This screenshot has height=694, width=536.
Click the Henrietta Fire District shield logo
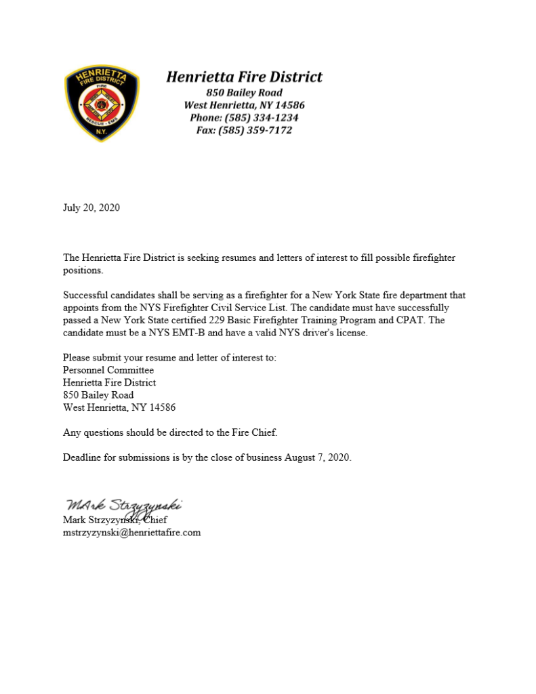pos(102,104)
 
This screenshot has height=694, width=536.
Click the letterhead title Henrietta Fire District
pos(244,77)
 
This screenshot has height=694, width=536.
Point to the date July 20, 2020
pos(91,207)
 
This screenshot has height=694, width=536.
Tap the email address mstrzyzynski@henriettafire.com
pos(132,532)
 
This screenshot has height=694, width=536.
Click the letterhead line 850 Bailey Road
pos(244,92)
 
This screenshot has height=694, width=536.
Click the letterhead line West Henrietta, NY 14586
pos(244,105)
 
